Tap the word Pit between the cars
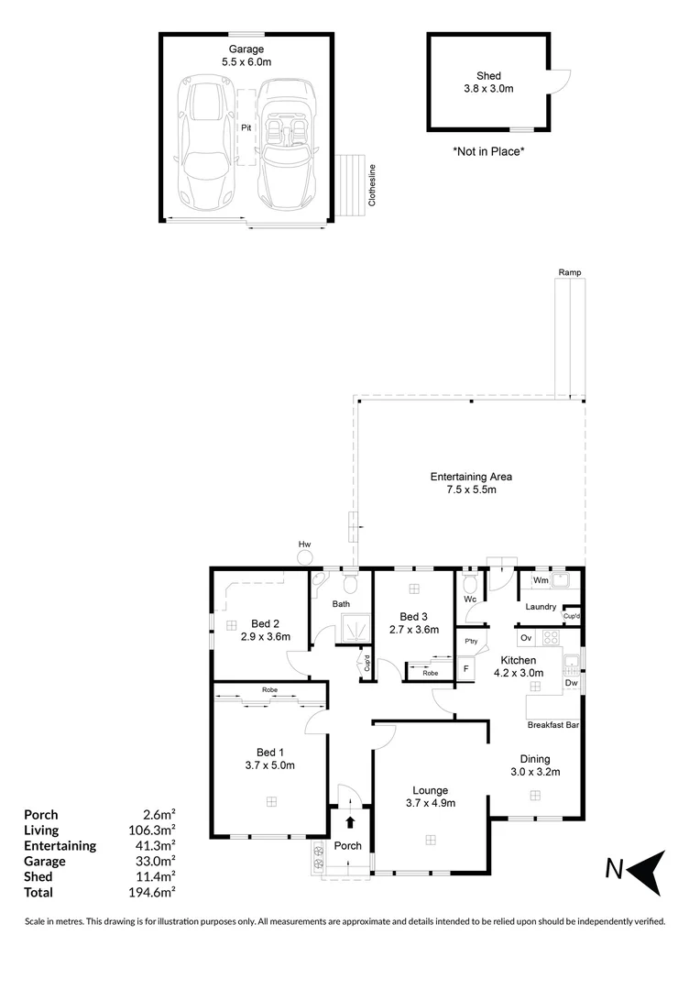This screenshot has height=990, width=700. [x=246, y=128]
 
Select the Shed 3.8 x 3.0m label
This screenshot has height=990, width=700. [x=487, y=82]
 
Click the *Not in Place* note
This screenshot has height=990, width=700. [x=488, y=151]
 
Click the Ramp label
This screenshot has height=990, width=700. [x=570, y=272]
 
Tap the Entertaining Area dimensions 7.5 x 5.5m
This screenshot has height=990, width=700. [x=471, y=490]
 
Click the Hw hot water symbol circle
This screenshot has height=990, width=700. [x=305, y=556]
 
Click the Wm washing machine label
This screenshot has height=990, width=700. [x=541, y=580]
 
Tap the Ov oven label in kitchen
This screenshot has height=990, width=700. [x=526, y=637]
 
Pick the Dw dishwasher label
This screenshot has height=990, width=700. [x=570, y=683]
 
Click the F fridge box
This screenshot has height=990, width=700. [x=466, y=668]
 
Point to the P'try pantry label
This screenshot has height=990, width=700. [x=472, y=641]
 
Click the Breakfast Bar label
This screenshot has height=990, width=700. [x=553, y=726]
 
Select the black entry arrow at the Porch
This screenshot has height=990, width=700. [x=350, y=824]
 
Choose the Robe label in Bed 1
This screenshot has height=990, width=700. [x=269, y=689]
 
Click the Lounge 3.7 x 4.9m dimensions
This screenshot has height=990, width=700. [x=431, y=803]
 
